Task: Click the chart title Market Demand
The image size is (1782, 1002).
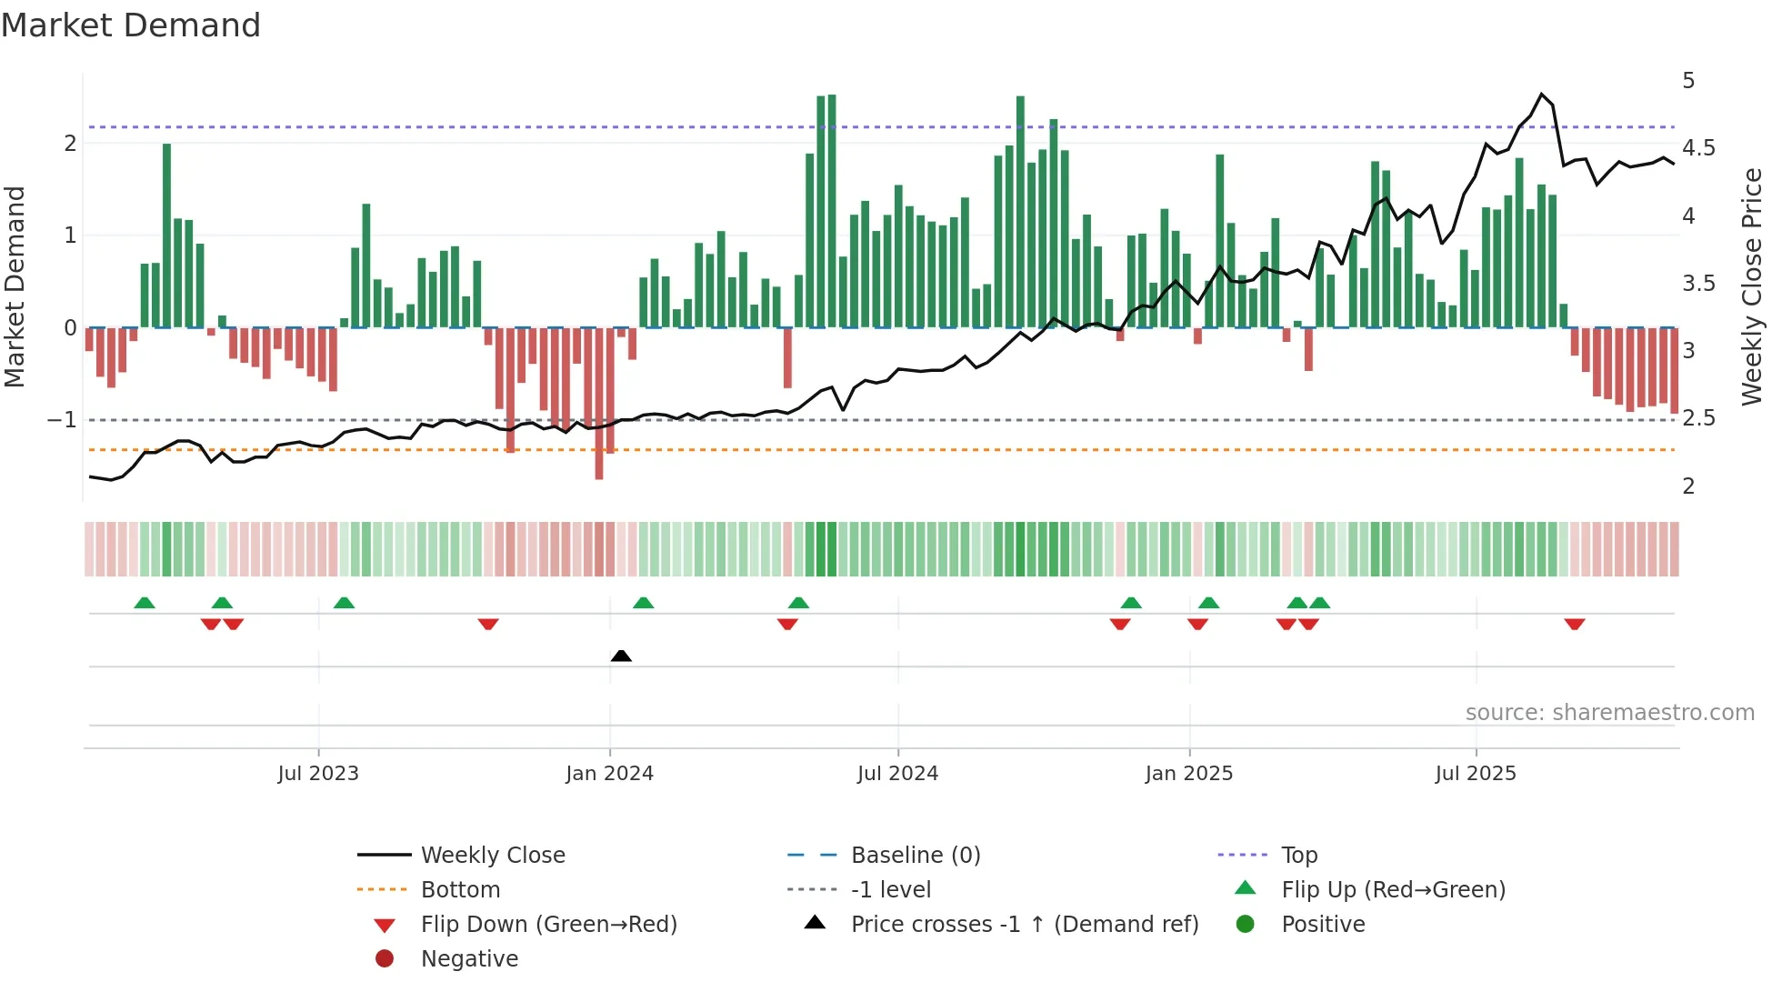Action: tap(131, 25)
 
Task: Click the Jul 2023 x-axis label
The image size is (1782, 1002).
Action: tap(318, 774)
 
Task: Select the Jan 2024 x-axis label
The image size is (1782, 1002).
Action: tap(609, 774)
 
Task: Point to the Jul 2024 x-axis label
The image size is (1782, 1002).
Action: tap(897, 774)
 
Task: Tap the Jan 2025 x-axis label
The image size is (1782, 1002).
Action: tap(1188, 774)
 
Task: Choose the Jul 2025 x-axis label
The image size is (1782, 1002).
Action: tap(1476, 774)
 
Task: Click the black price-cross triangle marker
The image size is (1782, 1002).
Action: tap(621, 656)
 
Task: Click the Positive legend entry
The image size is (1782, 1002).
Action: tap(1323, 925)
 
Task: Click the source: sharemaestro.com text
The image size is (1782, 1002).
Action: tap(1609, 713)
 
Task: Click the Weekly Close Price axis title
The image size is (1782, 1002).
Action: tap(1752, 286)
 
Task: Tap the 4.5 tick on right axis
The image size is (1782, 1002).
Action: tap(1698, 148)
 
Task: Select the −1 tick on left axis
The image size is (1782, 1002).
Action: tap(62, 420)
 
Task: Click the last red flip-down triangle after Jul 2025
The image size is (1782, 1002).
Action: tap(1575, 625)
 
